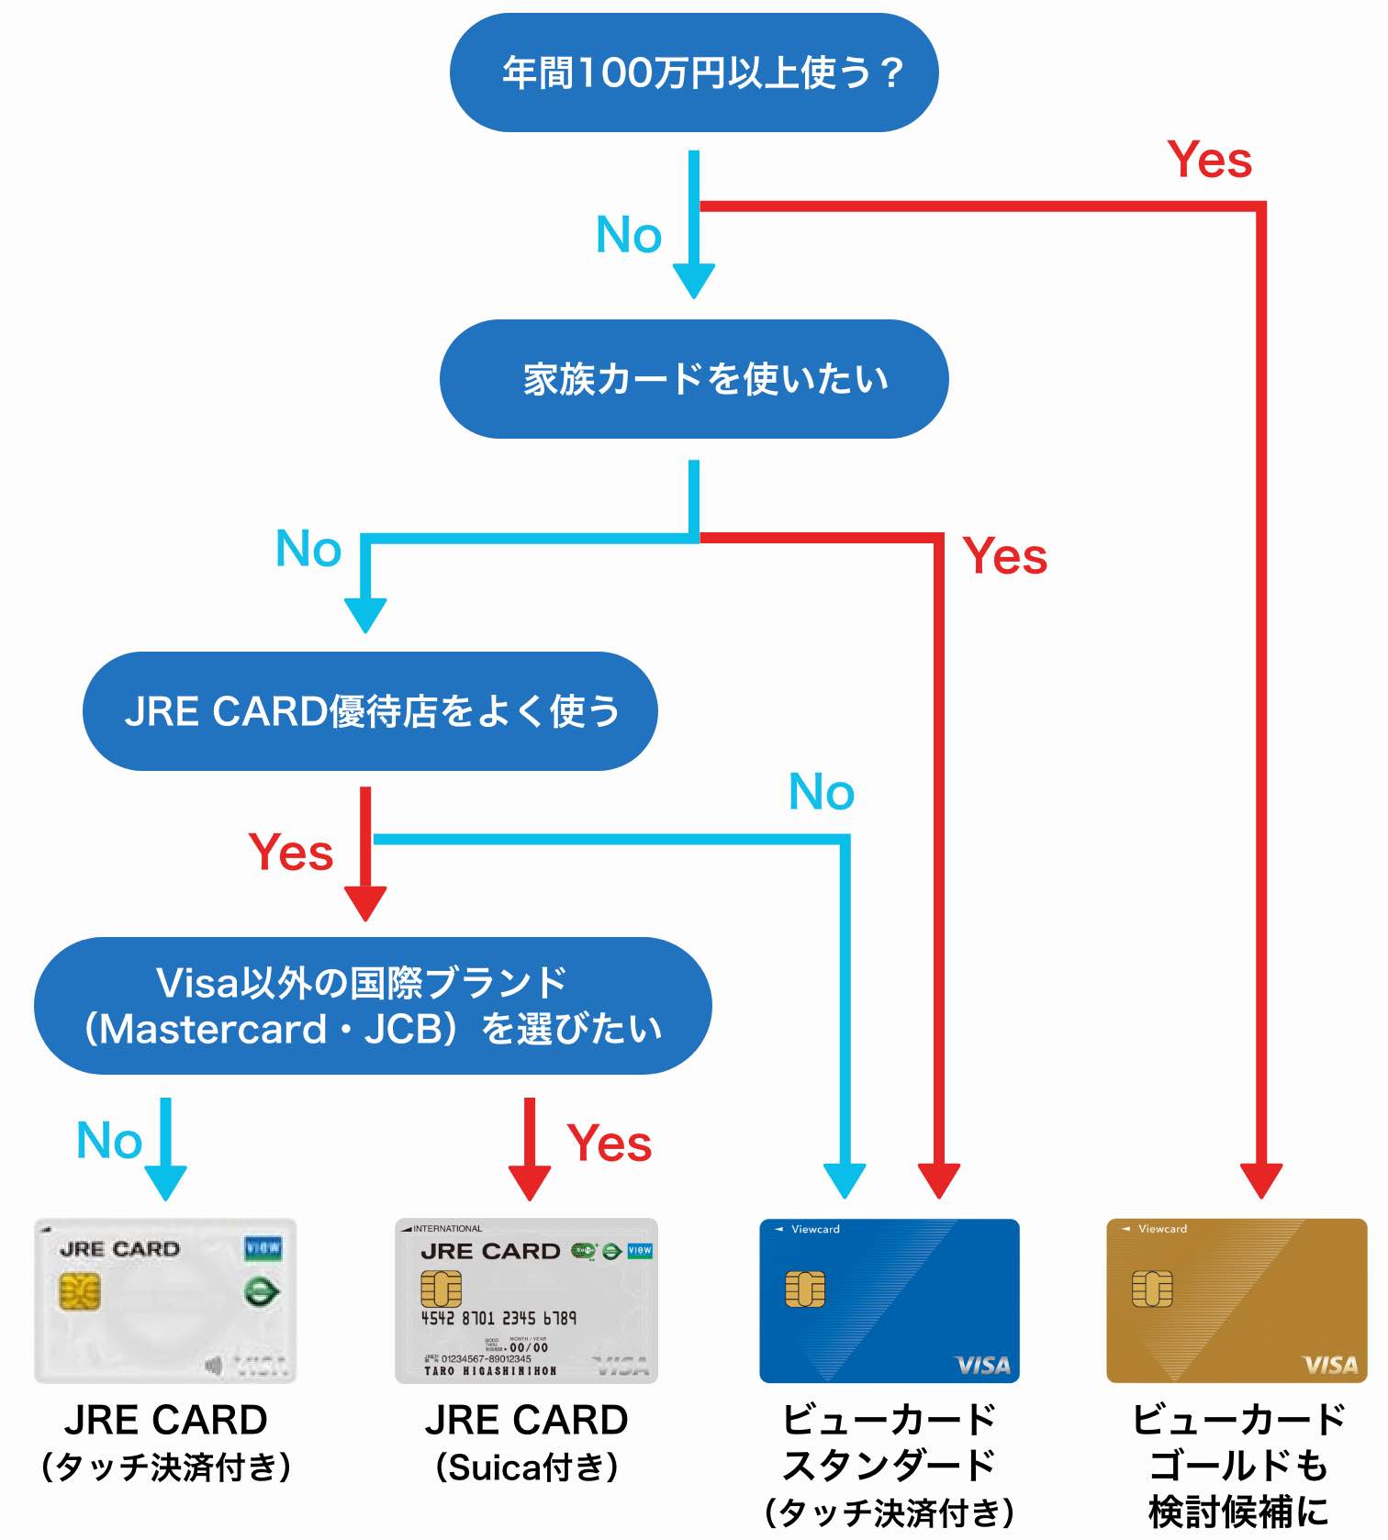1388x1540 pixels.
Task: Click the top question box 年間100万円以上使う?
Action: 694,73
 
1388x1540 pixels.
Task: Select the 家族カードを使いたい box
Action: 694,379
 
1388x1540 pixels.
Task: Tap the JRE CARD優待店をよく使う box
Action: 370,711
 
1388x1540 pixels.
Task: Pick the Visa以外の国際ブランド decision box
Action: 373,1006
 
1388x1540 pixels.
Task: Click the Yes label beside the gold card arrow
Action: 1209,160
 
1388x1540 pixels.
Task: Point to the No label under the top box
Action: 629,235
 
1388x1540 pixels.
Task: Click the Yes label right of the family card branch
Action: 1004,556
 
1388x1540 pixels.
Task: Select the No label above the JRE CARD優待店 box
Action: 308,549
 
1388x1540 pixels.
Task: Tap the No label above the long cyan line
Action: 822,792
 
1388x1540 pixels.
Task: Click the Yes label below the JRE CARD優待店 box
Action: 290,853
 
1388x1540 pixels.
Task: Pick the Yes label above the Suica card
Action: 609,1144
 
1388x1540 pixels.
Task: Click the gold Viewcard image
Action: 1237,1300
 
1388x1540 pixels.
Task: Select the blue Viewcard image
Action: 889,1300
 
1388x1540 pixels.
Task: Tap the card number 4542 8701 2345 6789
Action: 498,1318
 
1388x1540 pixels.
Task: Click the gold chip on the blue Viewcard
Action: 805,1289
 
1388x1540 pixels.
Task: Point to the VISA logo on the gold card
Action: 1330,1366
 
